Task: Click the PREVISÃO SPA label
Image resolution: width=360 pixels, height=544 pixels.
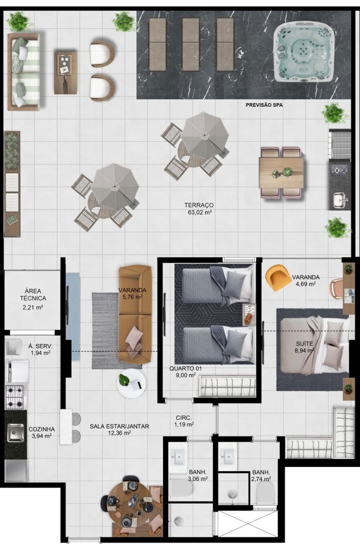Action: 264,105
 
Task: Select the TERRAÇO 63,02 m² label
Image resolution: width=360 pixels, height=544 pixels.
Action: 199,209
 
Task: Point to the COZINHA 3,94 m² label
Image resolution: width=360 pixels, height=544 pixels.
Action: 41,432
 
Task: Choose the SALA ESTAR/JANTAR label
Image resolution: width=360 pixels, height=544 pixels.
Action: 119,426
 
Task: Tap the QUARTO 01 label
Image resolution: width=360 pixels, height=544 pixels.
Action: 185,369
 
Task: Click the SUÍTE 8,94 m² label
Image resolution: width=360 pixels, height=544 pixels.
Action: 305,347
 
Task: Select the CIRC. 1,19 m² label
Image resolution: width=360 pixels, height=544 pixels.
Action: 184,421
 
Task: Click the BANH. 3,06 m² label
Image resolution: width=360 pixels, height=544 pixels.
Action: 198,475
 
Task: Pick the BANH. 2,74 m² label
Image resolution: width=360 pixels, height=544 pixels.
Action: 261,475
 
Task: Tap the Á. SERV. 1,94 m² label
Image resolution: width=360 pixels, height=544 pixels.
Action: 40,350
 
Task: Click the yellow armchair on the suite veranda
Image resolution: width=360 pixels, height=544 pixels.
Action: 278,277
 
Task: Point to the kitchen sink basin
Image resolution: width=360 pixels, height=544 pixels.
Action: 16,432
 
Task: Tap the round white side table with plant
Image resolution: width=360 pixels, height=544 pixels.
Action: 131,383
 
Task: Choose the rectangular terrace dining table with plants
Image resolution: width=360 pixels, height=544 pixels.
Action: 281,173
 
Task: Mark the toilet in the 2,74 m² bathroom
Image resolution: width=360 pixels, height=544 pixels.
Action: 265,492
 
